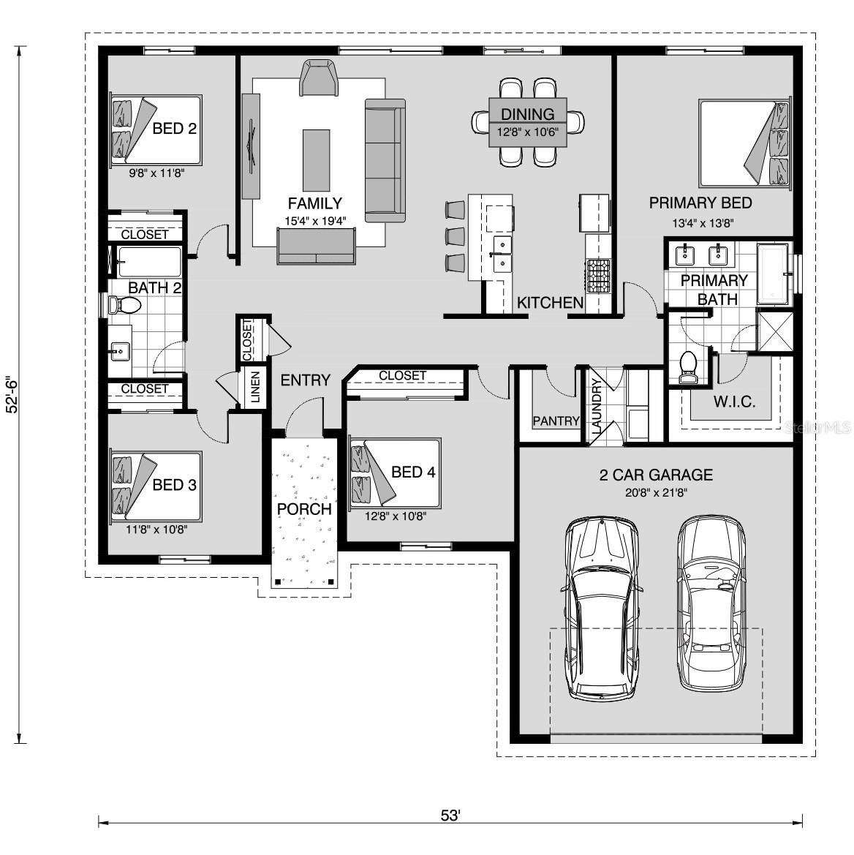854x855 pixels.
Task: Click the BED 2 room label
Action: pyautogui.click(x=174, y=129)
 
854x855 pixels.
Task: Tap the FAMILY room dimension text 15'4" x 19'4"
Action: pyautogui.click(x=314, y=220)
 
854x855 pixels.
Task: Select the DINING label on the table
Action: pyautogui.click(x=528, y=114)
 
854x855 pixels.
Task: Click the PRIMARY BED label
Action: pyautogui.click(x=700, y=203)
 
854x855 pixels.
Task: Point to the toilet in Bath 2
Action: pyautogui.click(x=121, y=306)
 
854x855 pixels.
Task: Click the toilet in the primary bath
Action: pyautogui.click(x=688, y=368)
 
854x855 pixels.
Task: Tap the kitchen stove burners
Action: pyautogui.click(x=597, y=276)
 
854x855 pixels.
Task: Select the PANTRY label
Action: pyautogui.click(x=556, y=421)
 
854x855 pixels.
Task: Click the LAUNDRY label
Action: pyautogui.click(x=596, y=408)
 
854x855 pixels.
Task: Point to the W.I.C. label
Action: pyautogui.click(x=733, y=402)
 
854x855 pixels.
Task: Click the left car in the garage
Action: pyautogui.click(x=600, y=607)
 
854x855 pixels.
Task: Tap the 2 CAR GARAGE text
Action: pyautogui.click(x=655, y=475)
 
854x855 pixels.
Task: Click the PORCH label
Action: pyautogui.click(x=303, y=509)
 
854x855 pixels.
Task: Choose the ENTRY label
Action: pyautogui.click(x=305, y=380)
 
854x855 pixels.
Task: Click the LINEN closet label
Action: pyautogui.click(x=255, y=387)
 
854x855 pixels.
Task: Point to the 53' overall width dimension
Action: pyautogui.click(x=450, y=815)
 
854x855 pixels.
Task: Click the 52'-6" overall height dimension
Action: pyautogui.click(x=12, y=396)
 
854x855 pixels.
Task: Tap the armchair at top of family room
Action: pyautogui.click(x=320, y=78)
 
